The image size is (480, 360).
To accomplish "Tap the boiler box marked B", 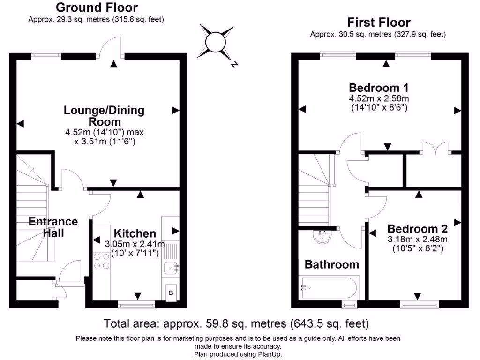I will tap(171, 293).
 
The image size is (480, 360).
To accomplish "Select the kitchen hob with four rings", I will tap(102, 261).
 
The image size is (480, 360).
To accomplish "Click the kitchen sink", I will tap(171, 268).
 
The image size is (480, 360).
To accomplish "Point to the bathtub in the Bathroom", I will tap(329, 287).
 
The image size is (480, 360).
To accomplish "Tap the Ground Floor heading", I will tap(97, 7).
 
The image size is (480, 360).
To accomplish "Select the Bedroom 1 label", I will tap(379, 88).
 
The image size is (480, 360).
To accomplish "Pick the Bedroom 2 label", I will tap(417, 229).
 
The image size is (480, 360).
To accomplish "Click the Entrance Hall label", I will tap(53, 227).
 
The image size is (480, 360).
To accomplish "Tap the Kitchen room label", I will tap(135, 233).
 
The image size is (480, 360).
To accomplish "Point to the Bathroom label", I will tap(332, 264).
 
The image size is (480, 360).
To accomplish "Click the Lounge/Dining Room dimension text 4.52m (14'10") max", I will tap(105, 132).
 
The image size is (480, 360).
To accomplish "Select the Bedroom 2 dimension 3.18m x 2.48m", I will tap(417, 239).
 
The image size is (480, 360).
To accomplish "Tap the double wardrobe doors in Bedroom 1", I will tap(435, 146).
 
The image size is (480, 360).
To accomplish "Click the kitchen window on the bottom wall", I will tap(137, 305).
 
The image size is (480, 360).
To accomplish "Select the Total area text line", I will tap(236, 323).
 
